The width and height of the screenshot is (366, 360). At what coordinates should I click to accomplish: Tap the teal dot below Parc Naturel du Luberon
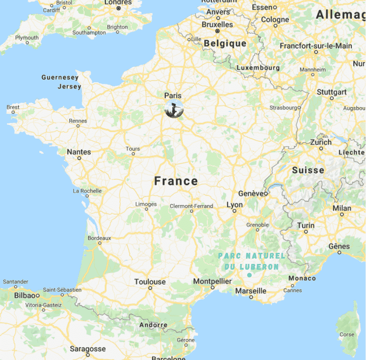(249, 275)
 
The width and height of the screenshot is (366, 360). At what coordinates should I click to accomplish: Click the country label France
(176, 181)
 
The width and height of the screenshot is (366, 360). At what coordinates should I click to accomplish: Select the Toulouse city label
(150, 282)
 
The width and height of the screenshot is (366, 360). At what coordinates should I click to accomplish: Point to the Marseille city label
(251, 291)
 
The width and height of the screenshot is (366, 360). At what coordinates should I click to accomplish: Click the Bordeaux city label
(99, 238)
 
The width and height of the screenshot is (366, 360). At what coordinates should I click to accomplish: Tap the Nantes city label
(79, 152)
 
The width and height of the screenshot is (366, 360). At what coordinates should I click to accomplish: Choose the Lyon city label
(234, 205)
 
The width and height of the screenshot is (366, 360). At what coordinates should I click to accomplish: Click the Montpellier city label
(212, 282)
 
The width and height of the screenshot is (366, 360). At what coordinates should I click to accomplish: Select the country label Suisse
(308, 170)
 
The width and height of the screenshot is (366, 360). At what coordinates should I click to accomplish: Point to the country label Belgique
(225, 43)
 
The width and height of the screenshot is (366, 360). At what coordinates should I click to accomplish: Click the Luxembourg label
(258, 68)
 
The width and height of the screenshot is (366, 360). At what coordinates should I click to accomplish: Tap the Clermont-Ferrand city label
(191, 206)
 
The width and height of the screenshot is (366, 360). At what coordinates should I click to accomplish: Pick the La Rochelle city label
(87, 191)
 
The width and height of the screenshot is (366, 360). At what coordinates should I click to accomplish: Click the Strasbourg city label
(283, 108)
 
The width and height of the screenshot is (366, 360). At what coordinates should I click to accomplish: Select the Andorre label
(153, 325)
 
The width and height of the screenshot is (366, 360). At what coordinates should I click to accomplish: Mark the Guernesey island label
(60, 77)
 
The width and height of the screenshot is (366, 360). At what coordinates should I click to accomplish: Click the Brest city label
(13, 107)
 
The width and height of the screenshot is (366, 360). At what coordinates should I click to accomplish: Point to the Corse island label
(347, 334)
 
